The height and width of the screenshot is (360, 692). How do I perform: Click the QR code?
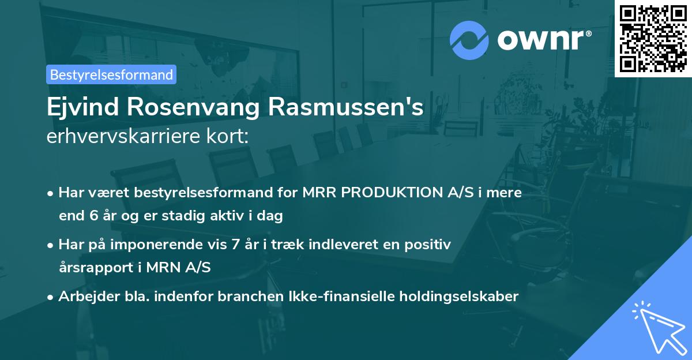point(653,38)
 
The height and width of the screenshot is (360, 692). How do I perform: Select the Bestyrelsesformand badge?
point(111,74)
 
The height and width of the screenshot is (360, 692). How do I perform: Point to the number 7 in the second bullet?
point(235,244)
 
